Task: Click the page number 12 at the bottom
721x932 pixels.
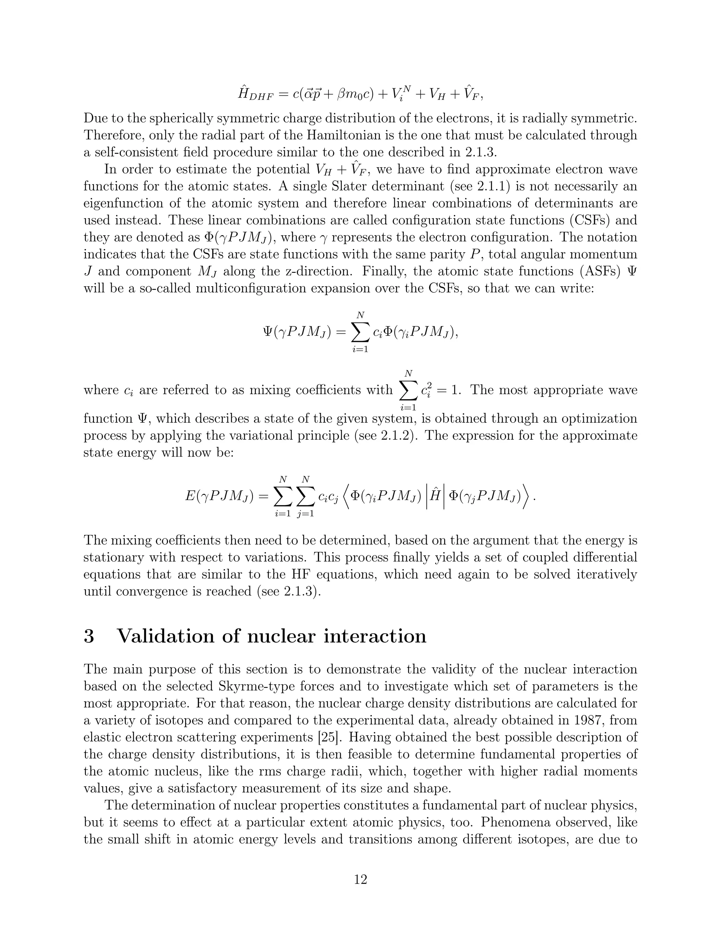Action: click(x=360, y=880)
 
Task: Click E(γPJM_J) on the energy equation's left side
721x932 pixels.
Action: click(x=220, y=496)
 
